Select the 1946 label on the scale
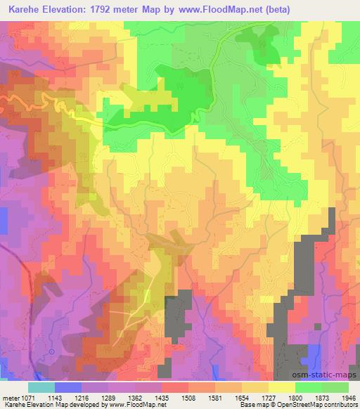347,397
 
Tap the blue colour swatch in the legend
67,387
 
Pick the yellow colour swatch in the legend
281,387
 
